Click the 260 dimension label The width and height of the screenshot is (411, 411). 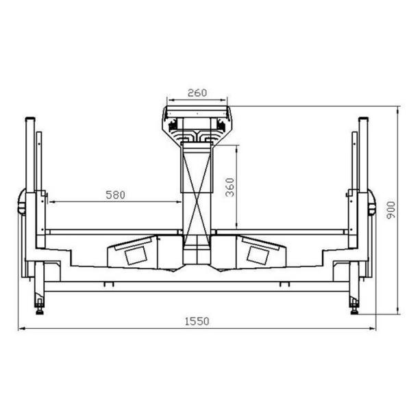click(197, 92)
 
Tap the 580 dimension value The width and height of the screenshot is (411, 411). click(115, 195)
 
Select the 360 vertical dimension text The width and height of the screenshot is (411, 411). click(230, 187)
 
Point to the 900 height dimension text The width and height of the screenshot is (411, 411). click(391, 210)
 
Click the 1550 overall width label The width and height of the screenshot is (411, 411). click(197, 321)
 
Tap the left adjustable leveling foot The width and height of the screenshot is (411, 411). click(40, 307)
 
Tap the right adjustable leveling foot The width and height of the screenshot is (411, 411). click(354, 307)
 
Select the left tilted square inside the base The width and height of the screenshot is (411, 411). click(136, 256)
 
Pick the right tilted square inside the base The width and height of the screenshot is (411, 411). click(258, 256)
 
